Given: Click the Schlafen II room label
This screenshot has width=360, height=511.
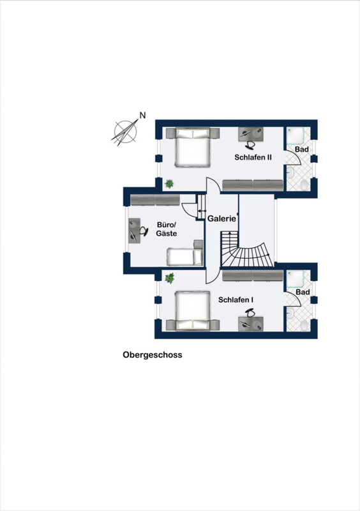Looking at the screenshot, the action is [253, 157].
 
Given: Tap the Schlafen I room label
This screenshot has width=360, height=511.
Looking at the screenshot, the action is [236, 300].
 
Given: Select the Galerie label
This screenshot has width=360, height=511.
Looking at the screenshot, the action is [221, 218].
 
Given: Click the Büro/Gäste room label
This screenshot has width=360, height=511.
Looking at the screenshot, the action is [166, 229].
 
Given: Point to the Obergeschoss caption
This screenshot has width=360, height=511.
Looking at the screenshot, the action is [153, 355].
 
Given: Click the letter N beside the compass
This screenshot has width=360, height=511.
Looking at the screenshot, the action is [142, 115].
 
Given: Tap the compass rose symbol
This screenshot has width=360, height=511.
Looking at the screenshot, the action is [125, 132].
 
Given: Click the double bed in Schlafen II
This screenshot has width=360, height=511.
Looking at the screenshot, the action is [193, 148].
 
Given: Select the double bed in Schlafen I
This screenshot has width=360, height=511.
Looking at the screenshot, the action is [193, 311].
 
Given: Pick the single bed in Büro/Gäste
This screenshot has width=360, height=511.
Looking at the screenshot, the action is [185, 254].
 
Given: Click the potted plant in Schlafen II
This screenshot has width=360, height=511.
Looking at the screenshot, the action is [169, 184].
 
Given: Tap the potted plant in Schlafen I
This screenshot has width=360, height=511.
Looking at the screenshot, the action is [169, 278].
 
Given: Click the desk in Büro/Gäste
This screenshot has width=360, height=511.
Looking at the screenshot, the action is [134, 231].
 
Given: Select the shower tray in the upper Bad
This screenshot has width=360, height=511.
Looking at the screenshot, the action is [296, 135].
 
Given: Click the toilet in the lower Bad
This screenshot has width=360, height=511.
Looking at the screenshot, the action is [304, 325].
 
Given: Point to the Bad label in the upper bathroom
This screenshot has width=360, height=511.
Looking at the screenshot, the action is [302, 149].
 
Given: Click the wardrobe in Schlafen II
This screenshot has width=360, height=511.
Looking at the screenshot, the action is [253, 185].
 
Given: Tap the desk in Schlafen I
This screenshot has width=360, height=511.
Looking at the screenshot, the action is [251, 324].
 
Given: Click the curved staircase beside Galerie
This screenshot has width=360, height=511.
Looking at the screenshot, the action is [248, 249].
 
